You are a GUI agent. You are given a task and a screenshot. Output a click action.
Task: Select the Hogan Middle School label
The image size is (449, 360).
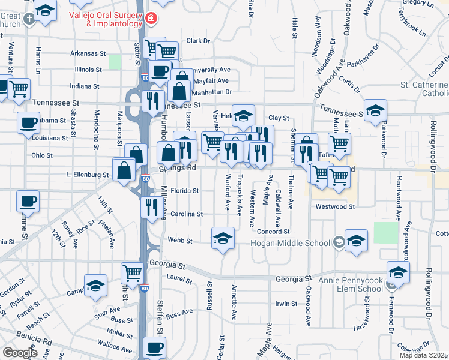291,243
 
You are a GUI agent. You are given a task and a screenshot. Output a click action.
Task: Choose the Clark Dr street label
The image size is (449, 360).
198,41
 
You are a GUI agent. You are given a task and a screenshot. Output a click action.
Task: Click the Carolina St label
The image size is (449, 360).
187,214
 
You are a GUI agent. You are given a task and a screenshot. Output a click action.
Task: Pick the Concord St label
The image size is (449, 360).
273,232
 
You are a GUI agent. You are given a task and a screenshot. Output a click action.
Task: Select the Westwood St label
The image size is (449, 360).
335,206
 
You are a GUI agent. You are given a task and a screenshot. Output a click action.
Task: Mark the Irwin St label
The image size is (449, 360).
283,304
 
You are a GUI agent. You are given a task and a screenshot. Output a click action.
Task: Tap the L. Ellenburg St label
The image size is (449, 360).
88,175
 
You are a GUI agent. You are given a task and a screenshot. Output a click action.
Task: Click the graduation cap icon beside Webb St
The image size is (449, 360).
223,238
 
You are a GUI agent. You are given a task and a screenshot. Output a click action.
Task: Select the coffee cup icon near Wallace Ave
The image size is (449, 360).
155,346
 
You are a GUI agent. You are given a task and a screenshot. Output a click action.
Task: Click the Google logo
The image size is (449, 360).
20,353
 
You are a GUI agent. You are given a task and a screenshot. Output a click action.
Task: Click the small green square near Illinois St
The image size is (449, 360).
115,62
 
